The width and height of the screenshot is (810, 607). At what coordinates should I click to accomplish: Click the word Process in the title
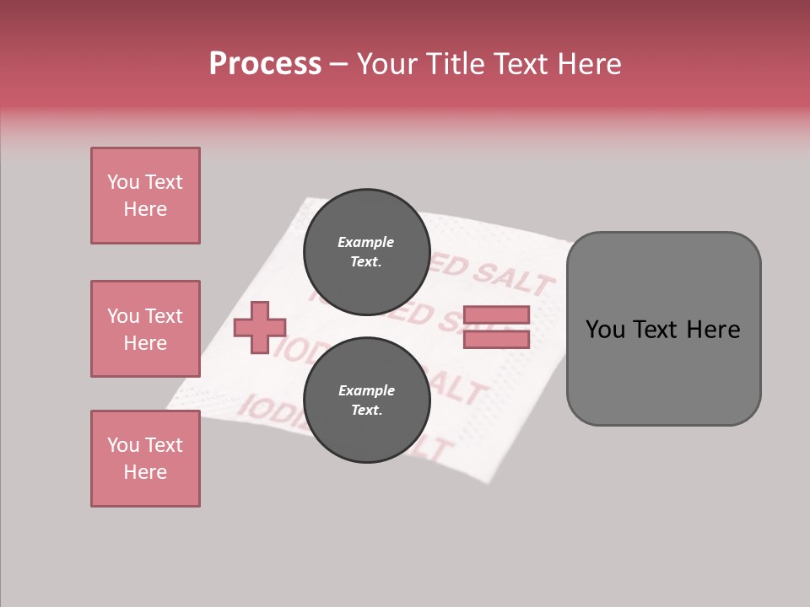tap(265, 63)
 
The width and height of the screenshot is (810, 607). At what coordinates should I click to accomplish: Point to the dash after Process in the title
tap(338, 64)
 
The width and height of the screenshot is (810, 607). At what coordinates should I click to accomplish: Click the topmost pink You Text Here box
tap(145, 196)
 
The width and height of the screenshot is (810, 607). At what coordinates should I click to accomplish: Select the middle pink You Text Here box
tap(145, 329)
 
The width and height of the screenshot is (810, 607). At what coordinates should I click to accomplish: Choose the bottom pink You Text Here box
tap(145, 459)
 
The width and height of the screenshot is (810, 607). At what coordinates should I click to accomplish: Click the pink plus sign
tap(260, 327)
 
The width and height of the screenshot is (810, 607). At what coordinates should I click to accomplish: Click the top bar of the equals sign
tap(496, 314)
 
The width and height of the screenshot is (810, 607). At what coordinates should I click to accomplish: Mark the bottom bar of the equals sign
tap(496, 340)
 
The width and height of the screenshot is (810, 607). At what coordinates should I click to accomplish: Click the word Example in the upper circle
tap(366, 242)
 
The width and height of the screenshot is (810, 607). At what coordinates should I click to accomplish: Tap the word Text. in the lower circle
tap(366, 411)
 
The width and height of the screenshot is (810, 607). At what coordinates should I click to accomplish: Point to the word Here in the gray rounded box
tap(713, 330)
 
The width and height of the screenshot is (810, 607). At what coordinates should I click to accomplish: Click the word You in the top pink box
tap(122, 182)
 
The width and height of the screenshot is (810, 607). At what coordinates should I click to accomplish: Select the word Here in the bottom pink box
tap(145, 472)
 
